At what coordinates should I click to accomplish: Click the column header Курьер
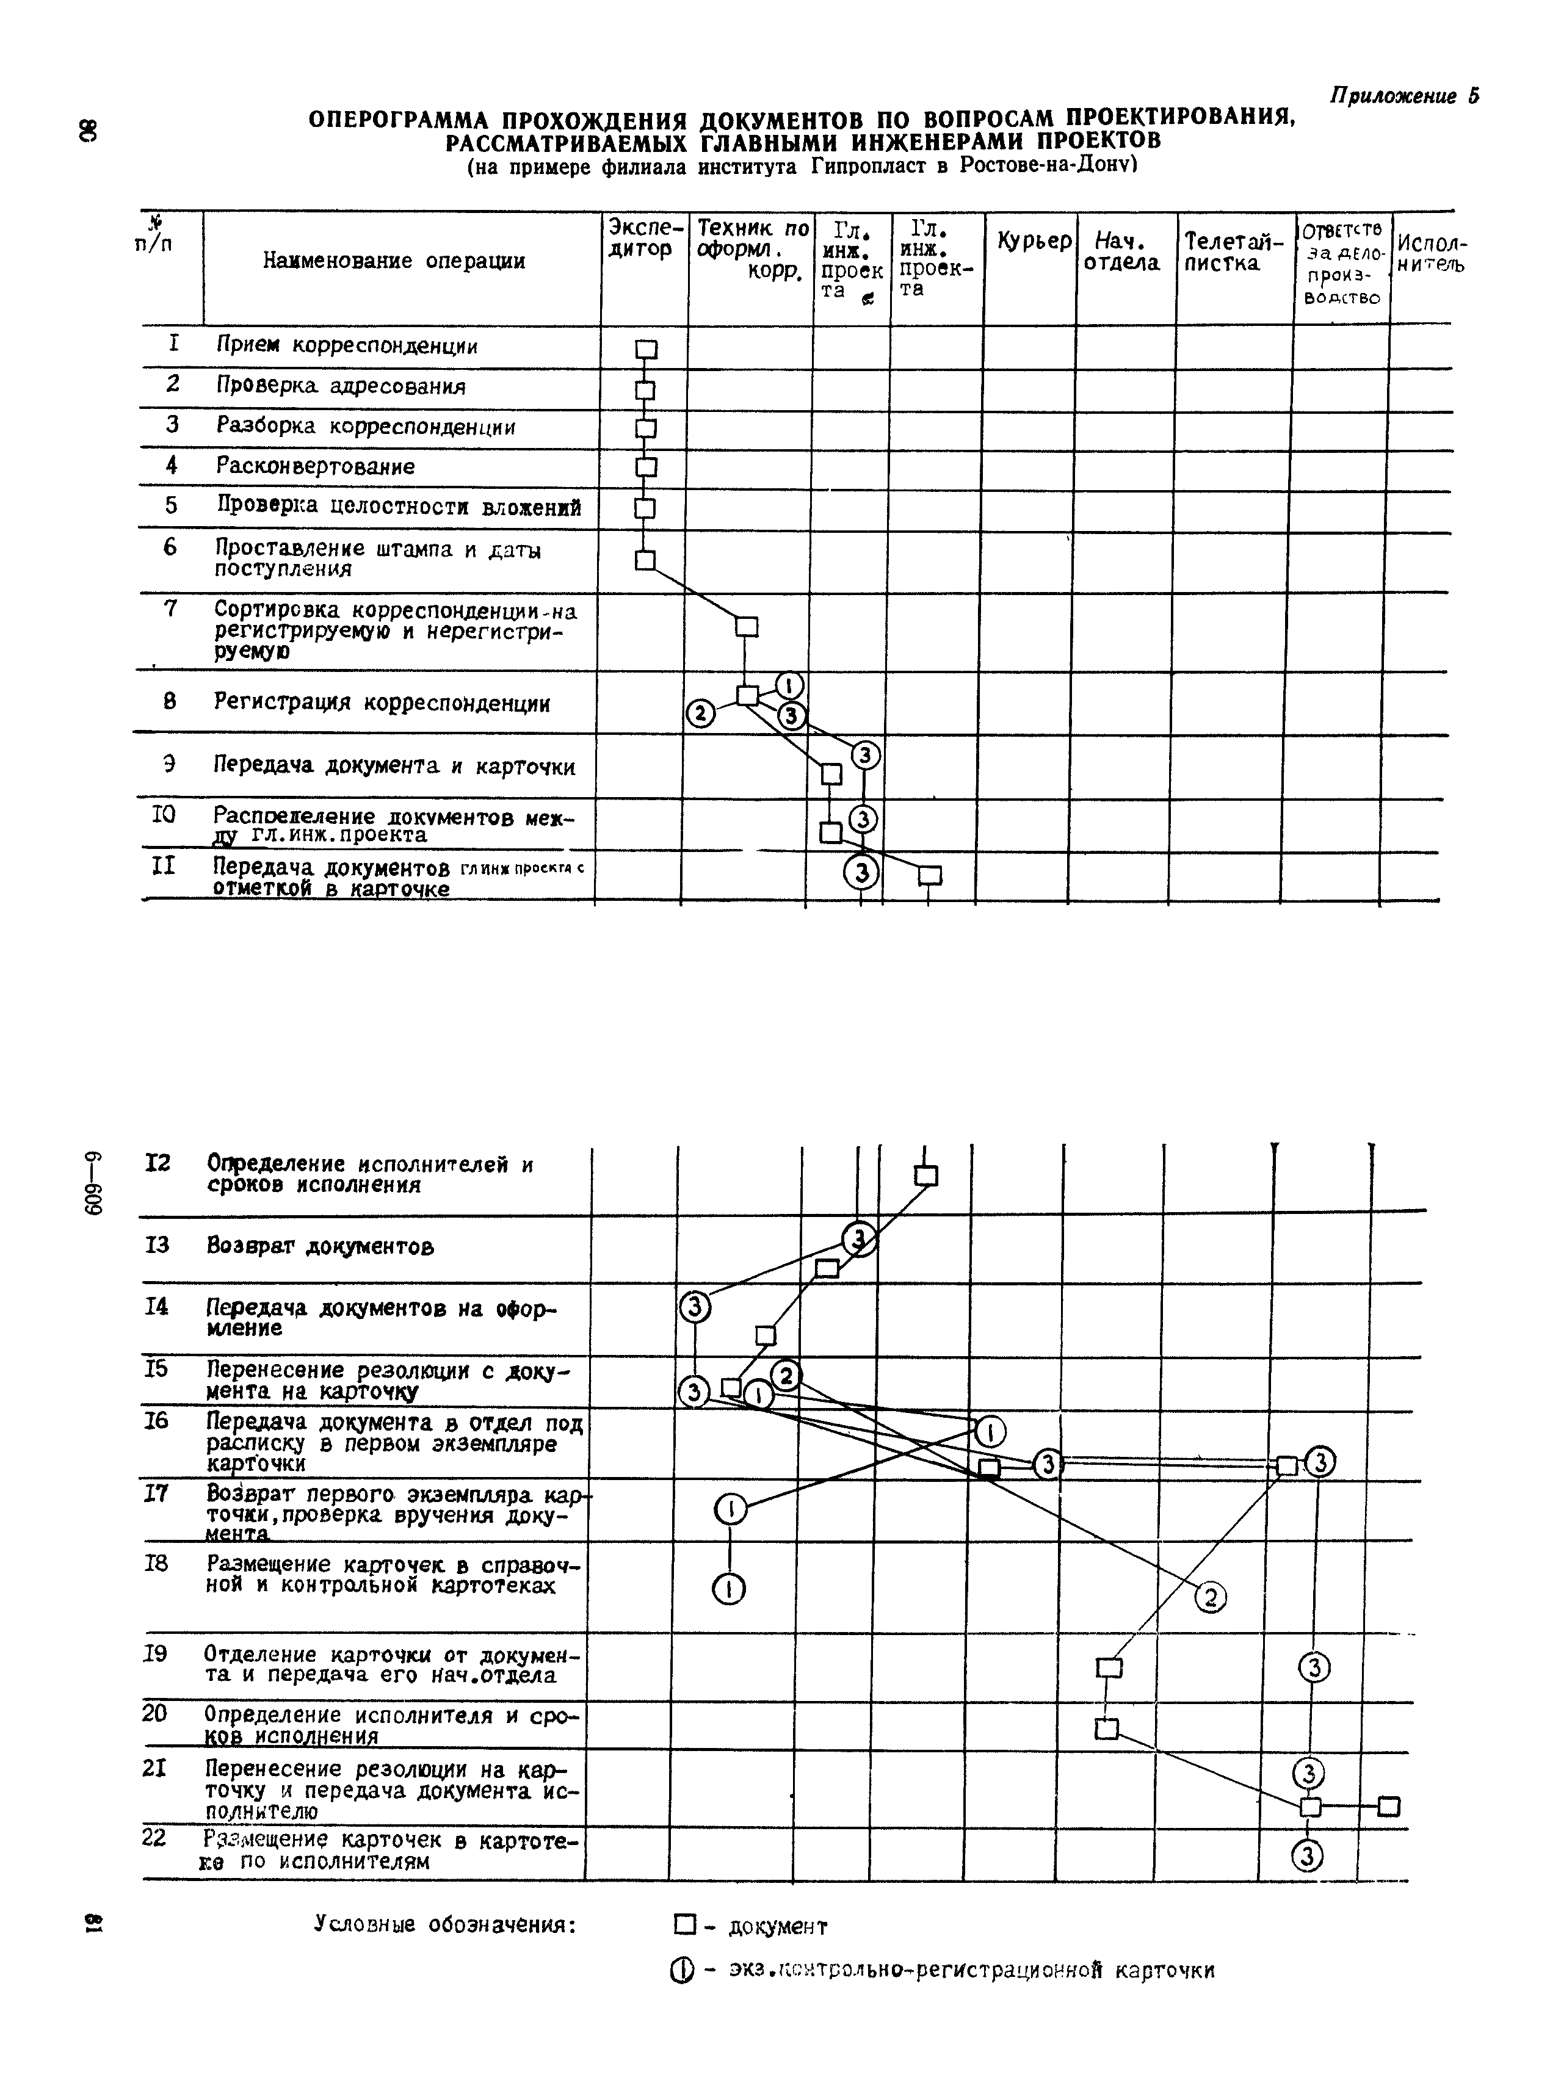coord(1033,241)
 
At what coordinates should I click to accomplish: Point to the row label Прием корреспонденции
coord(347,346)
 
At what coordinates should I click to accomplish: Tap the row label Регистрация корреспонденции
coord(382,704)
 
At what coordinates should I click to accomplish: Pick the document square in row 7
coord(746,627)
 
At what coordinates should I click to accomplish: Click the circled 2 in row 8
coord(700,714)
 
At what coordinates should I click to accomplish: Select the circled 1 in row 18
coord(729,1588)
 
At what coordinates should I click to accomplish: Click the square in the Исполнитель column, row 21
coord(1389,1806)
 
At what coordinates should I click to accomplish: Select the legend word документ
coord(778,1927)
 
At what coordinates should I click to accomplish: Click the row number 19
coord(155,1654)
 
